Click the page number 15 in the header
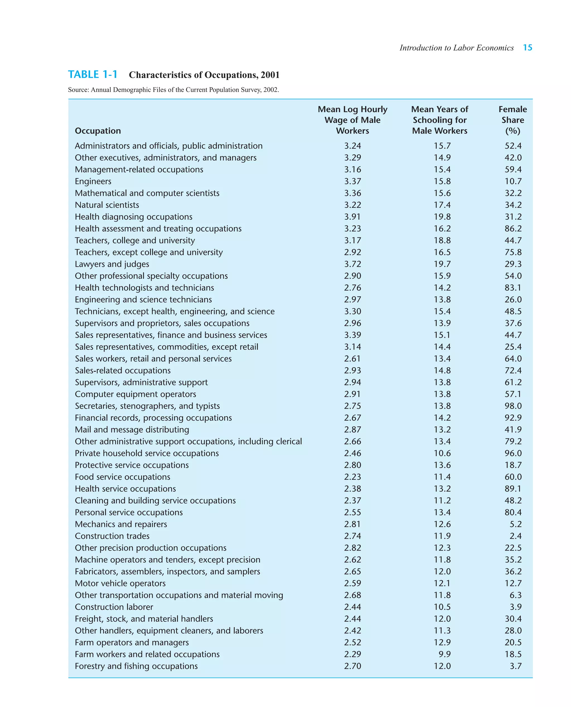pos(527,48)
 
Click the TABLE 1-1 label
pos(93,75)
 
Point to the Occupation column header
pos(98,131)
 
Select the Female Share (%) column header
pos(512,120)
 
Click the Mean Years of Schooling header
pos(439,120)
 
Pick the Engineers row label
pos(93,181)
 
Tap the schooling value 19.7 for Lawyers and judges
pos(442,264)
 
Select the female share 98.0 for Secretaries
pos(513,406)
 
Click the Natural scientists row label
pos(107,205)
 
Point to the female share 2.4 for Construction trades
pos(516,536)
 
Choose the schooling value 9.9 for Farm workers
pos(444,654)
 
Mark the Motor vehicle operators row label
pos(120,583)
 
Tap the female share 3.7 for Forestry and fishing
pos(516,666)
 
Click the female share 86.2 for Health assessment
pos(513,229)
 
